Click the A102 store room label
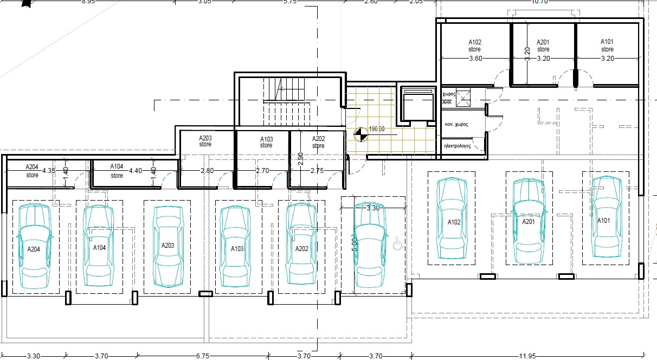pos(474,46)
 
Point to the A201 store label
pos(543,46)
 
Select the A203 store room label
pos(205,142)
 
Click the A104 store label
pos(117,171)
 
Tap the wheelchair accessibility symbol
pos(398,243)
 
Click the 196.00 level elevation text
pos(376,129)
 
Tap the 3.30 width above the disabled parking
pos(372,208)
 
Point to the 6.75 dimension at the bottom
pos(202,356)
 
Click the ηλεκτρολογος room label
pos(456,146)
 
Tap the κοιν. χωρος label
pos(456,124)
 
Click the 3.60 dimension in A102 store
pos(475,58)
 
